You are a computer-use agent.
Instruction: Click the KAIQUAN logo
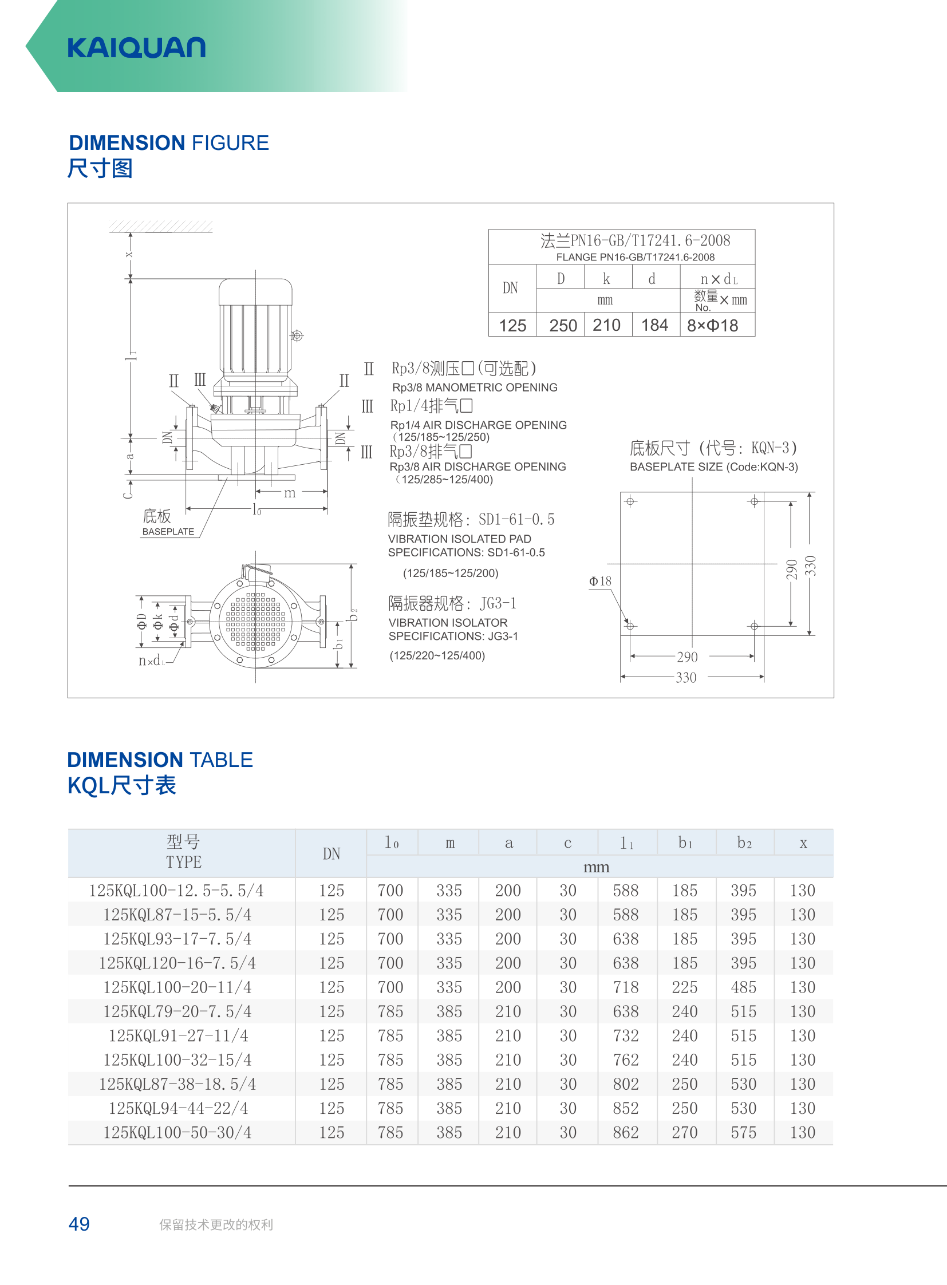[x=136, y=48]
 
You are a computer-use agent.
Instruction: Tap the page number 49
[x=79, y=1224]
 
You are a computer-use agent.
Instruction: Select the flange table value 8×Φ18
[x=713, y=326]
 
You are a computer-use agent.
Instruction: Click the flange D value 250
[x=563, y=326]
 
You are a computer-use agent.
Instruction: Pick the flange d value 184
[x=654, y=325]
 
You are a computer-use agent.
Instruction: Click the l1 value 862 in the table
[x=625, y=1133]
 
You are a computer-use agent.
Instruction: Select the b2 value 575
[x=744, y=1133]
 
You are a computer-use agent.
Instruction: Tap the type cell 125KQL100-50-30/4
[x=177, y=1133]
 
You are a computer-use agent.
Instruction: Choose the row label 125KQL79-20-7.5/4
[x=177, y=1011]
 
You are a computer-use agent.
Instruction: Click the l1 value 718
[x=625, y=987]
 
